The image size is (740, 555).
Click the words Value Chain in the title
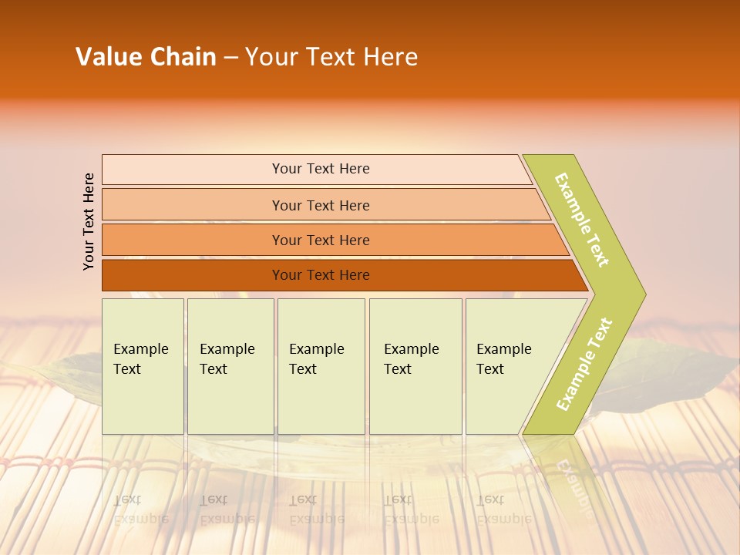click(x=146, y=57)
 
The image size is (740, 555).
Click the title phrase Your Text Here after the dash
click(x=331, y=57)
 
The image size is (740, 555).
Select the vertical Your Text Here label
click(x=89, y=221)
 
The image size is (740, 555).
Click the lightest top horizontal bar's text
click(x=321, y=169)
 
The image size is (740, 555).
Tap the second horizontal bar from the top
click(x=321, y=205)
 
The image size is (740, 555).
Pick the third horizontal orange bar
click(x=321, y=240)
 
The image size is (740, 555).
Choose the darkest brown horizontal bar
click(x=321, y=275)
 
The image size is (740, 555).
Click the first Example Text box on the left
click(x=143, y=366)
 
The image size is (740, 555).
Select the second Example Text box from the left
click(x=230, y=366)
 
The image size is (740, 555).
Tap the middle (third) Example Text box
click(x=321, y=366)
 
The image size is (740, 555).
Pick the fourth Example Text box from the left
click(x=415, y=366)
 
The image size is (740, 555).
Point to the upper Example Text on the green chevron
click(x=582, y=220)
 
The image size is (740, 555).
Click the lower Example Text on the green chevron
click(x=584, y=365)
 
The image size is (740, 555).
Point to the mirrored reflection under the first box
click(x=143, y=493)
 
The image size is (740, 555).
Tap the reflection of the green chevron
click(x=567, y=478)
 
